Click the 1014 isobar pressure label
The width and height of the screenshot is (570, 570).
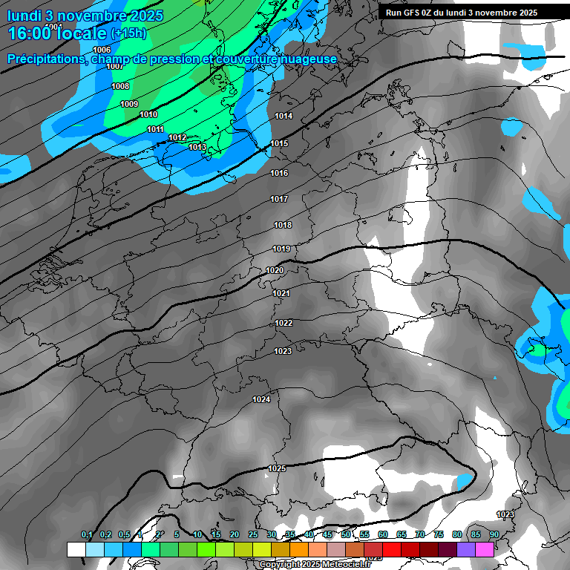click(284, 117)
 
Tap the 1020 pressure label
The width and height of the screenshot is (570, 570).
click(275, 271)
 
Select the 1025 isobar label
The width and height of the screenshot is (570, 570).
click(277, 468)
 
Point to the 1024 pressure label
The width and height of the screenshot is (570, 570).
click(261, 399)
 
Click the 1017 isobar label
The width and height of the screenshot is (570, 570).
click(279, 199)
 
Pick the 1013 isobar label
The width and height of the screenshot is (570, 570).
click(197, 147)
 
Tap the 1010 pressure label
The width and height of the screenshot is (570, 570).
click(148, 114)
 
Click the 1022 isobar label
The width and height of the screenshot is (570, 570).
click(284, 323)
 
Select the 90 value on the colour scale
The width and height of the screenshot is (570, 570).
click(494, 534)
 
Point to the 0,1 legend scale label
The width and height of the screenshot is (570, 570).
click(87, 534)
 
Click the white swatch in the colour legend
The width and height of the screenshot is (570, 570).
click(76, 549)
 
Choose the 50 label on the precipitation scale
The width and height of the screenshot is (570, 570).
click(345, 534)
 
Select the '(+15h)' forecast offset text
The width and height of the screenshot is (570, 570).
click(128, 33)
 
